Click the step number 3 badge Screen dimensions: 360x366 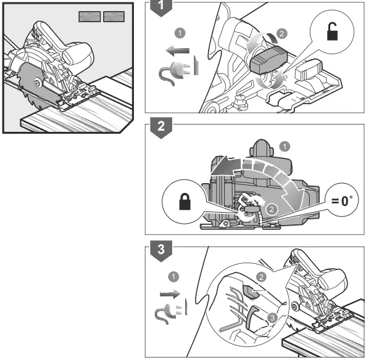click(x=161, y=250)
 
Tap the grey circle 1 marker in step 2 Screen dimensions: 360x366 click(x=284, y=146)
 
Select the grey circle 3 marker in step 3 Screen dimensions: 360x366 click(x=272, y=317)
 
